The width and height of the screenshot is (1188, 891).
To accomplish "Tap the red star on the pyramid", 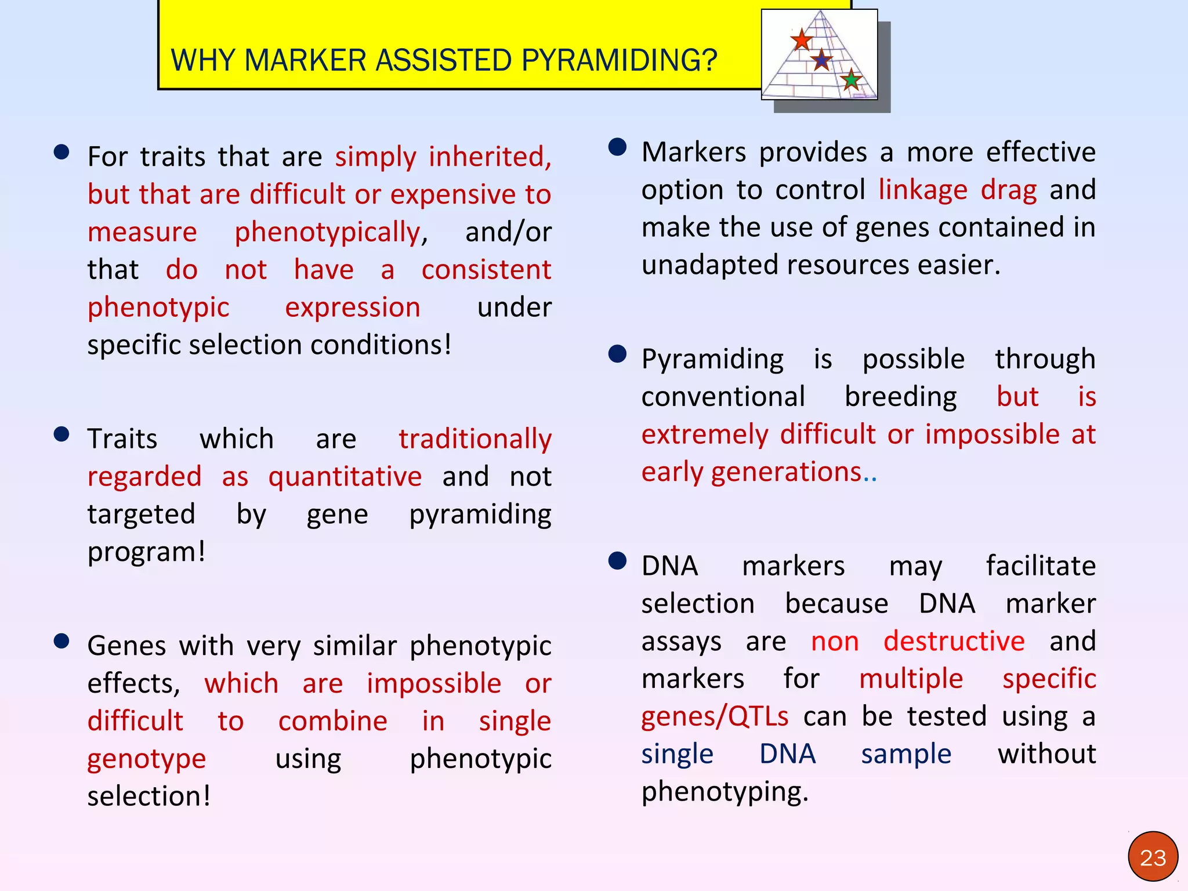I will coord(801,40).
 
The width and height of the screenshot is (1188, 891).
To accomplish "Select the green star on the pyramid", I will coord(850,79).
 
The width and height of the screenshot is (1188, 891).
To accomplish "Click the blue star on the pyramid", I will coord(821,59).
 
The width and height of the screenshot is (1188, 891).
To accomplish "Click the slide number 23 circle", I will coord(1153,857).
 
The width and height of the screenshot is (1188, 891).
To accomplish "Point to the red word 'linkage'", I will coord(923,190).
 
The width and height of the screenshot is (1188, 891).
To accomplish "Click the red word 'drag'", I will coord(1008,190).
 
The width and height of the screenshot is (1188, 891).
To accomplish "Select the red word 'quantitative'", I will coord(345,477).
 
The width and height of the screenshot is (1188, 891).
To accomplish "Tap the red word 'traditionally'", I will coord(475,439).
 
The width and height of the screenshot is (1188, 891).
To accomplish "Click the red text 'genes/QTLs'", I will coord(715,717).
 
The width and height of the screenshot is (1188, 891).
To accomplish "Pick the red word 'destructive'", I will coord(954,642).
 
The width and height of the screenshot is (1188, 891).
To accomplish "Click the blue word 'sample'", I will coord(906,754).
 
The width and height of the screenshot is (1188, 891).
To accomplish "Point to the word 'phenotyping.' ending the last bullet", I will coord(725,792).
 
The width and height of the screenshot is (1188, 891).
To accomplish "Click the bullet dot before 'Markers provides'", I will coord(617,147).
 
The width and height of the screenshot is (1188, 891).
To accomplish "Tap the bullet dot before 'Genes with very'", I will coord(61,641).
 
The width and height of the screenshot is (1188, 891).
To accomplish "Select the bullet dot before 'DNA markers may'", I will coord(617,561).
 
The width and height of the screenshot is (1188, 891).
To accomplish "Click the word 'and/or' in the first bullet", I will coord(508,232).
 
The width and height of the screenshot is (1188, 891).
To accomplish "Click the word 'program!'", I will coord(146,552).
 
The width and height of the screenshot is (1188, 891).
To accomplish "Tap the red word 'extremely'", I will coord(704,434).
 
